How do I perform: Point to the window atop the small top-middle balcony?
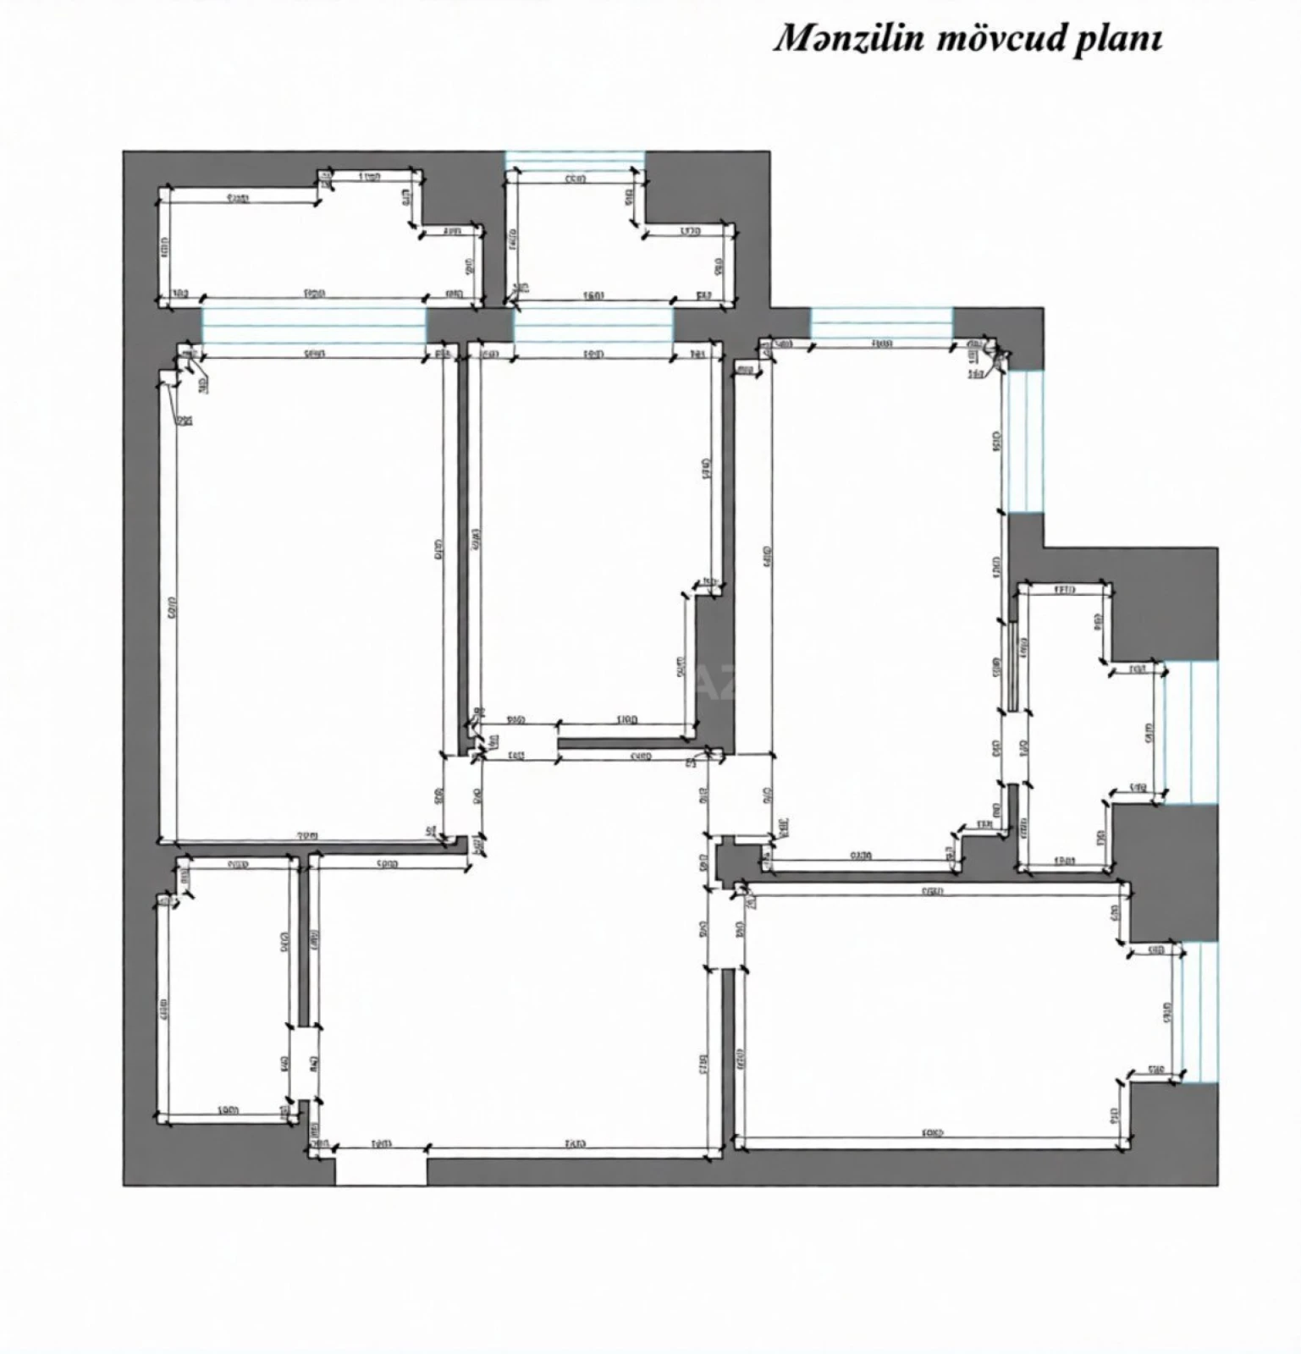tap(575, 161)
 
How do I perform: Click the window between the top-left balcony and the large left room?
tap(313, 324)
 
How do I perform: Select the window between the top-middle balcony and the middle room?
tap(593, 324)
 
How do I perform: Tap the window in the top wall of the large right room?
tap(881, 323)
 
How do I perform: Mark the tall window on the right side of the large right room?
tap(1024, 441)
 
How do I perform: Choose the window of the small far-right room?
tap(1191, 732)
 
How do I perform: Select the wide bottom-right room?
tap(931, 1015)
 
